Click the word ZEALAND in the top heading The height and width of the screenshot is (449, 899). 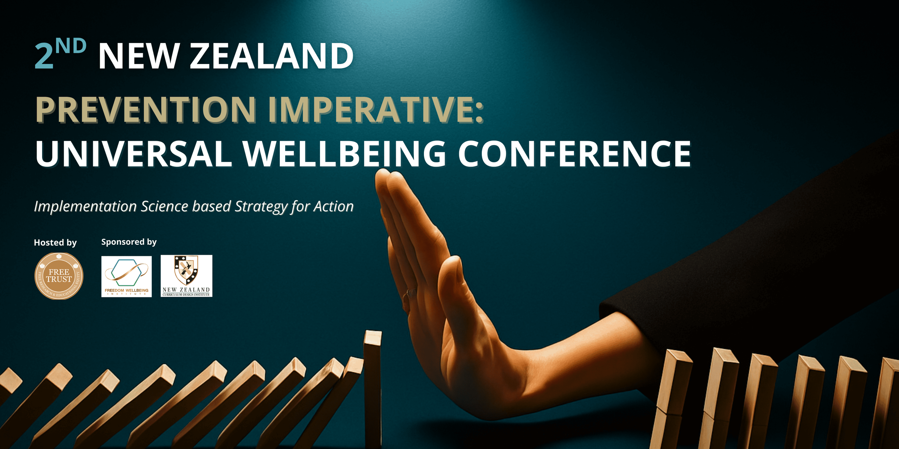tap(271, 56)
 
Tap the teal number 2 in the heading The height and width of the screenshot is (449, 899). tap(44, 56)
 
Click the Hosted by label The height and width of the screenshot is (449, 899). tap(55, 243)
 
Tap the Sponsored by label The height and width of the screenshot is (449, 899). tap(129, 242)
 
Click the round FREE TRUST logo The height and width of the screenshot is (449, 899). tap(59, 276)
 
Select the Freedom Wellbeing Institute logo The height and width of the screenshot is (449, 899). tap(127, 276)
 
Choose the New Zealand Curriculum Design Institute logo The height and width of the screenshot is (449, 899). tap(186, 276)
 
